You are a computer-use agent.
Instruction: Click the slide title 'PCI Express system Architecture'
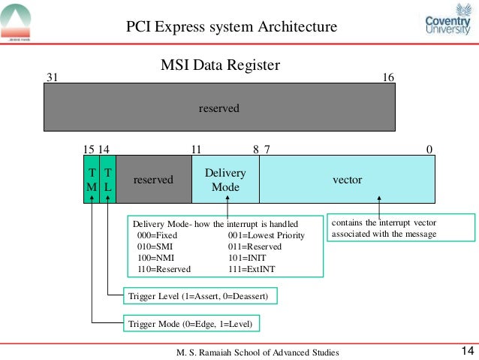point(231,28)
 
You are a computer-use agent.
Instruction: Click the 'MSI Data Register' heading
point(221,65)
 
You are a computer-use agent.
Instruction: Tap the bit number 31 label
point(53,77)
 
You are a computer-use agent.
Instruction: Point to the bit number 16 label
point(388,77)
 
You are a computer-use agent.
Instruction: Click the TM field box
point(91,180)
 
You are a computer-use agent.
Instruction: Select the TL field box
point(108,180)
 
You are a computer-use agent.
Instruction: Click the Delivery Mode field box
point(225,180)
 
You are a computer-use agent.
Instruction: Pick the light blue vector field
point(347,180)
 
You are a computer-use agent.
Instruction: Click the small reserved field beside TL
point(153,180)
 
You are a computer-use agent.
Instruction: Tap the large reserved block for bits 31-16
point(219,108)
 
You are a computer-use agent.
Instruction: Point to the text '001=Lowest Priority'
point(266,235)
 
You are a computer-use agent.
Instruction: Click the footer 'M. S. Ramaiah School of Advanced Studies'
point(258,352)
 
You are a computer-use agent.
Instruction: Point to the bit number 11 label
point(197,149)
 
